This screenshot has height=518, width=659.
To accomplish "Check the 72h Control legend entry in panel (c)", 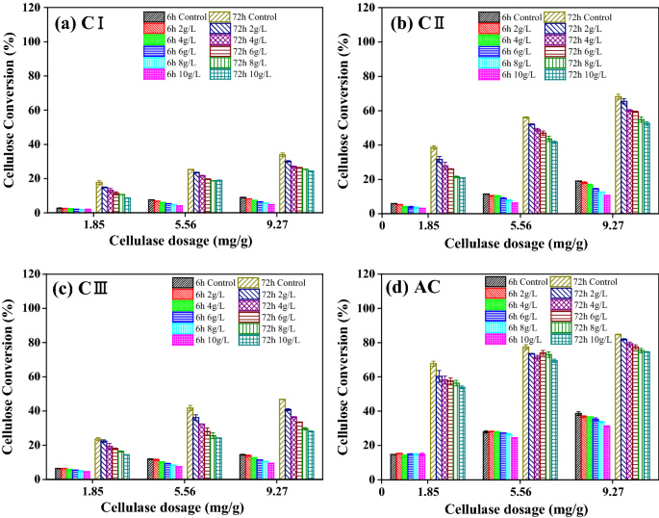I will pyautogui.click(x=245, y=282).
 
